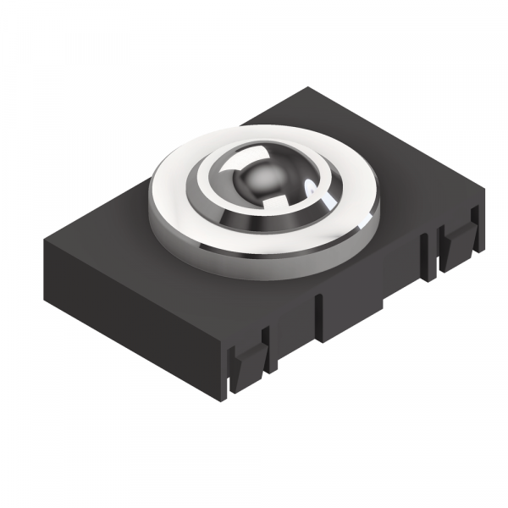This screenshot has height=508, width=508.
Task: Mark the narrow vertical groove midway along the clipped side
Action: (x=319, y=317)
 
